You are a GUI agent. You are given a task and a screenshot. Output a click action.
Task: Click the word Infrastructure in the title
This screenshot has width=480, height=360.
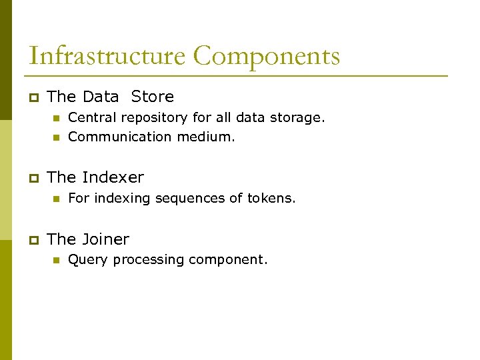pos(107,56)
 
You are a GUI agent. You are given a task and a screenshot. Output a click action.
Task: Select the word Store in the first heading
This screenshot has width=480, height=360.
pos(152,97)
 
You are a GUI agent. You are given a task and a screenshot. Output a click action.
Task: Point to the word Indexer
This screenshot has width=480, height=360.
pos(113,177)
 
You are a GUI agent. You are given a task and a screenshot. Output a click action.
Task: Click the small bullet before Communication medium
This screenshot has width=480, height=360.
pos(56,137)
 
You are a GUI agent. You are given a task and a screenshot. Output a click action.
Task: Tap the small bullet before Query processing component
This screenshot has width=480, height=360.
pos(56,260)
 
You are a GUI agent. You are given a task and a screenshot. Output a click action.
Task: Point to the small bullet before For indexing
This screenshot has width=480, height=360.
pos(56,199)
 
